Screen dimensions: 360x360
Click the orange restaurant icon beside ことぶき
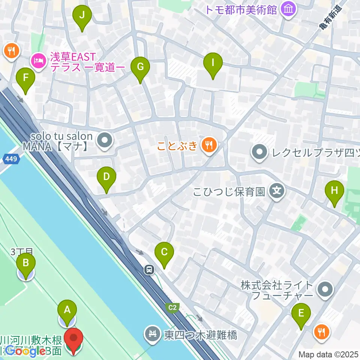coord(208,145)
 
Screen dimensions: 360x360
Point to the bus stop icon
coord(150,269)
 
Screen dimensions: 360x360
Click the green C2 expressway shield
coord(172,307)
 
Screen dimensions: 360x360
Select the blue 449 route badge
coord(11,159)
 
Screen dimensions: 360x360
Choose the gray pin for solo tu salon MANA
coord(104,141)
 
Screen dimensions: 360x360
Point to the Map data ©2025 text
coord(328,354)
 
